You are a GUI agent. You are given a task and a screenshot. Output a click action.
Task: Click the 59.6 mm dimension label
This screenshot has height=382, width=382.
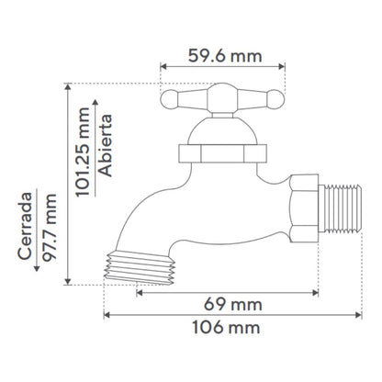click(225, 56)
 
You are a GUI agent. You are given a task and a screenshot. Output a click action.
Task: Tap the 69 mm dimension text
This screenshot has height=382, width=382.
click(233, 305)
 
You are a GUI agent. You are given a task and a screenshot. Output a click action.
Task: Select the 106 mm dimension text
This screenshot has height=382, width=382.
click(226, 327)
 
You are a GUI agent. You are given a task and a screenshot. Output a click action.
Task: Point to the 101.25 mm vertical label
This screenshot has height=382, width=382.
click(83, 152)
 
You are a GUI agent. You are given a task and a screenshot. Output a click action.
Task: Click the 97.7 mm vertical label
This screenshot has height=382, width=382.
click(50, 228)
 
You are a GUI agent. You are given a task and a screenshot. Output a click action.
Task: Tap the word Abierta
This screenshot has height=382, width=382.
click(106, 145)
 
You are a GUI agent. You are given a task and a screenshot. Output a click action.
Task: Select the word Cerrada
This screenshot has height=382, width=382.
click(25, 226)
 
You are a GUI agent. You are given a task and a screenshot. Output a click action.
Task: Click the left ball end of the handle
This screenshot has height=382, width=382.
click(169, 99)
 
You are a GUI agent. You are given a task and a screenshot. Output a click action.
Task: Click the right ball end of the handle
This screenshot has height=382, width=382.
click(275, 99)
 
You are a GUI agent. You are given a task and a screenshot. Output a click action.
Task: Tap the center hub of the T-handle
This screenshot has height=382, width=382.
click(222, 97)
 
